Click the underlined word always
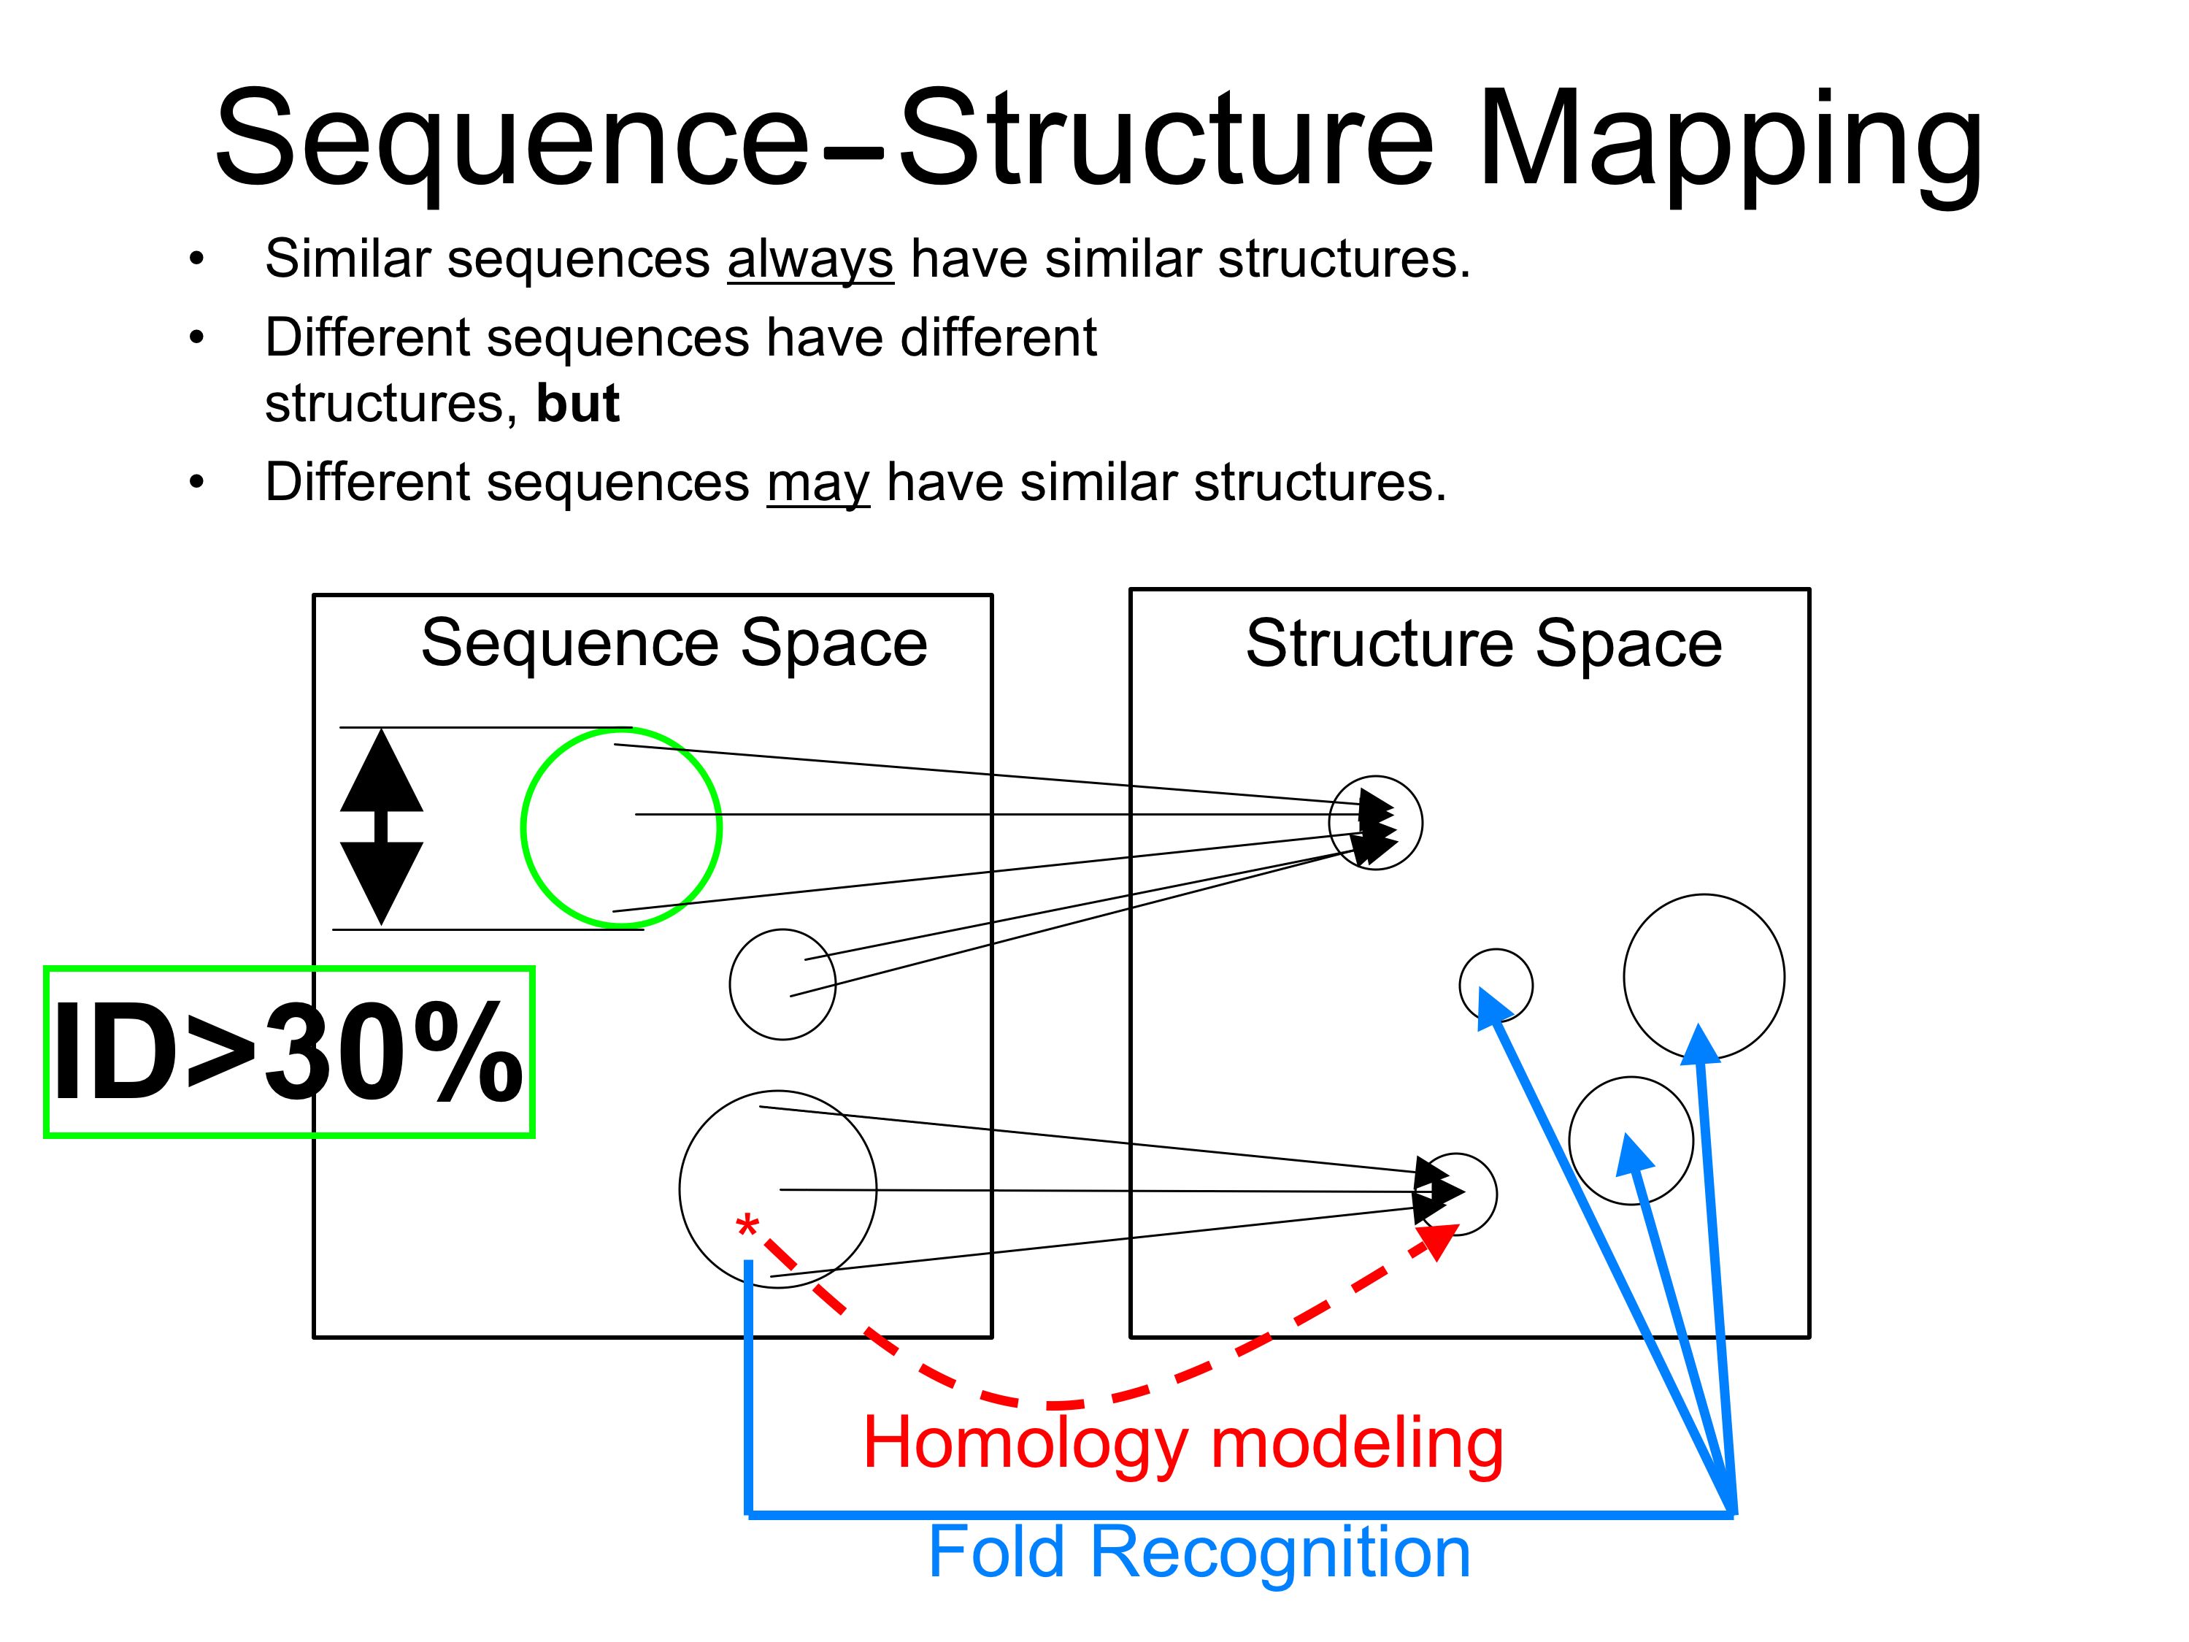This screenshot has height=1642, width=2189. (809, 259)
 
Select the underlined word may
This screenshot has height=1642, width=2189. (817, 484)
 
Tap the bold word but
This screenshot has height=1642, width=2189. (578, 404)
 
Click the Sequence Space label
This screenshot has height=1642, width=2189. (674, 643)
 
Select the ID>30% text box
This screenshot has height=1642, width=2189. (289, 1051)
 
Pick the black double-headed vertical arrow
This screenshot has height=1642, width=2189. (382, 826)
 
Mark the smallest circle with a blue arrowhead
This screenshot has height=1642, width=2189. (1496, 985)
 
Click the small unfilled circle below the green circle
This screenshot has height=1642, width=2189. (782, 984)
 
